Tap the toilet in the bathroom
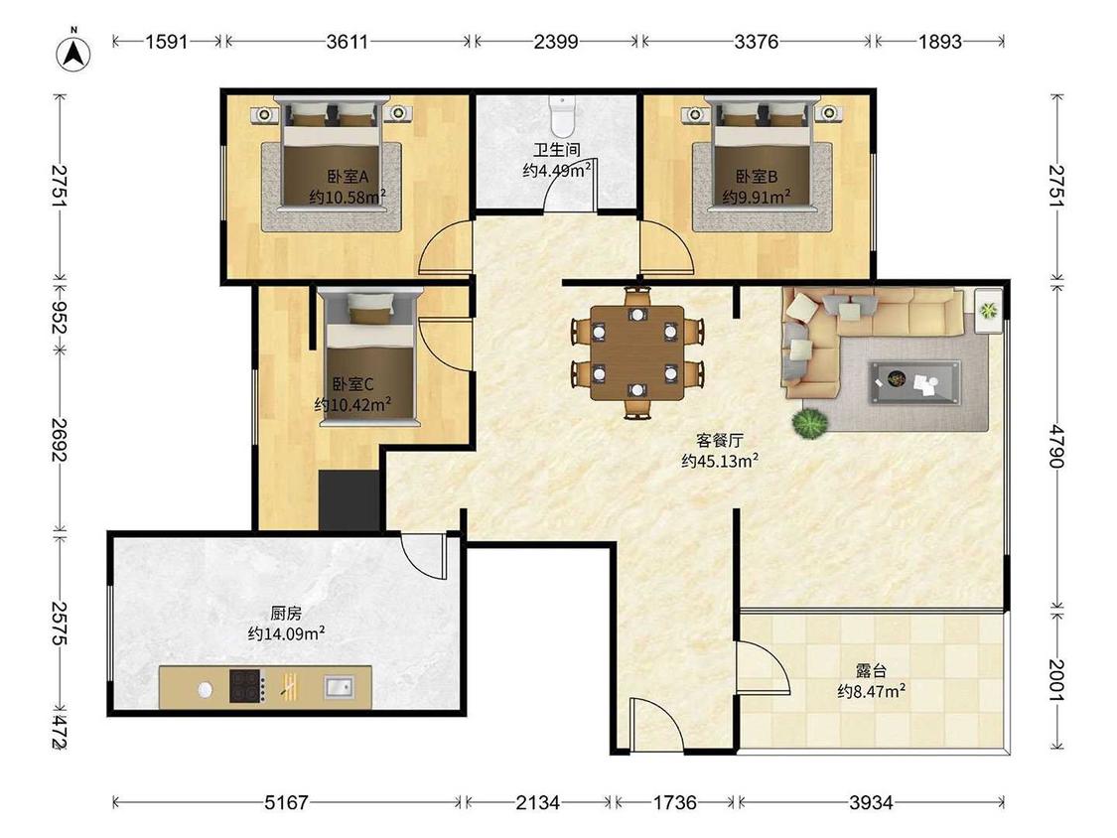pos(562,117)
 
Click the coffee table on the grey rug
pos(914,382)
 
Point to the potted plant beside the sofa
pos(810,423)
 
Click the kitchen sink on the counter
pos(339,687)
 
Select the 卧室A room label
pos(348,176)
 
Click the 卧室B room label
pos(757,176)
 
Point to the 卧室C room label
pos(352,384)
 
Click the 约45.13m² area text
pos(720,461)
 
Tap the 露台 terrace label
pos(871,670)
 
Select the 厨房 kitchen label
pos(286,613)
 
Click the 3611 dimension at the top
pos(348,42)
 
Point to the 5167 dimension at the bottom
pos(286,802)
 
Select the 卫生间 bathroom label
pos(557,150)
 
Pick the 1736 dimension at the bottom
pos(674,802)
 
